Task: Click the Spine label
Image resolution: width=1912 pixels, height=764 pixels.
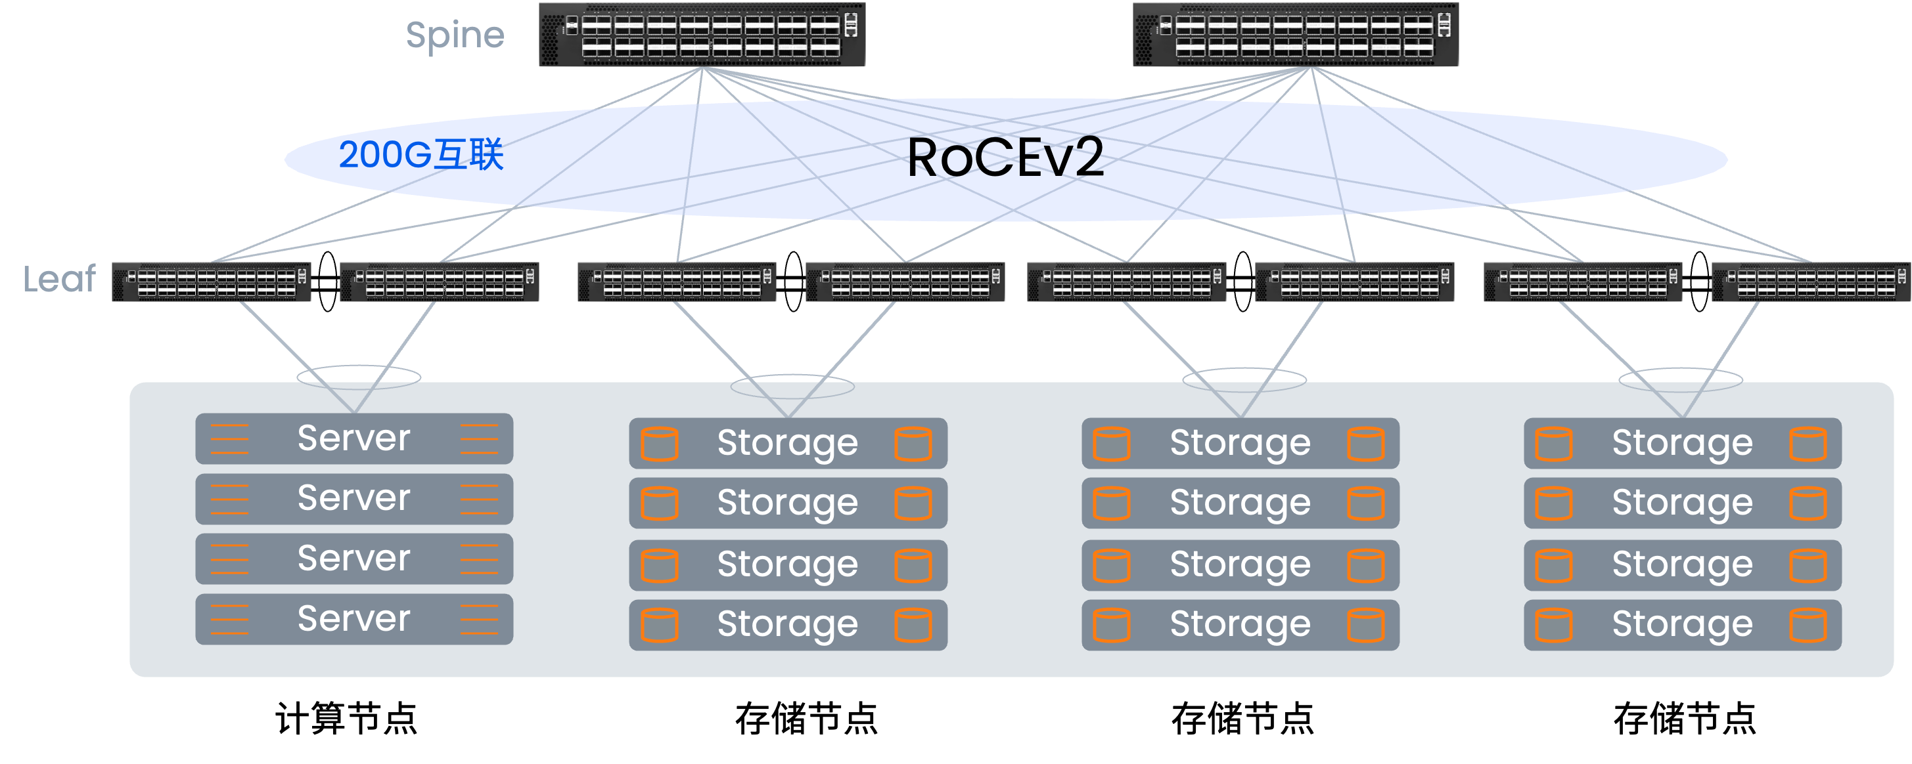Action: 455,35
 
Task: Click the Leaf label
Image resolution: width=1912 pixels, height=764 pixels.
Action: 59,280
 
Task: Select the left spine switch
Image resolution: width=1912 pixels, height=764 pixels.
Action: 702,35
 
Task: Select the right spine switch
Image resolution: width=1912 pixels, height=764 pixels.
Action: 1295,35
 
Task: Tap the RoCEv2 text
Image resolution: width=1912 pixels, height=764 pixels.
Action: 1005,158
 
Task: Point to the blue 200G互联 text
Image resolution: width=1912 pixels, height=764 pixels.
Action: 421,155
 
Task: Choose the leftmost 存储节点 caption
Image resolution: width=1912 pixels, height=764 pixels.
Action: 807,719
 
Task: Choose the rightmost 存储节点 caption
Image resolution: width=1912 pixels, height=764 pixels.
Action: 1685,719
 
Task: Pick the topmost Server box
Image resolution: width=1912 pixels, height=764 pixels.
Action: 354,438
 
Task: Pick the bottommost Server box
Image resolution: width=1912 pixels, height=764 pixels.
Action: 354,620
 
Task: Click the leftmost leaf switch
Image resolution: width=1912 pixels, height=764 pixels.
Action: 212,282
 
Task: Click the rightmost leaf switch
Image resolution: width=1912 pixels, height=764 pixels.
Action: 1811,282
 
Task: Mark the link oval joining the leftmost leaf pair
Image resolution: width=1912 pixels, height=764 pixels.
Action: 327,282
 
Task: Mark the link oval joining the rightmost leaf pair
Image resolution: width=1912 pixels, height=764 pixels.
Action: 1699,282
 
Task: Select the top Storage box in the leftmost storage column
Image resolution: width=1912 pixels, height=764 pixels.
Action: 788,444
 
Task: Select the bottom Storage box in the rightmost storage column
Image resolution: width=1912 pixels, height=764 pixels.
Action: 1683,626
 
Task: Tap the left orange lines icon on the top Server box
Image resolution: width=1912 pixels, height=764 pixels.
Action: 229,438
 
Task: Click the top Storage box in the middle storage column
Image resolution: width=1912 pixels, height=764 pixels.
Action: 1241,444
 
